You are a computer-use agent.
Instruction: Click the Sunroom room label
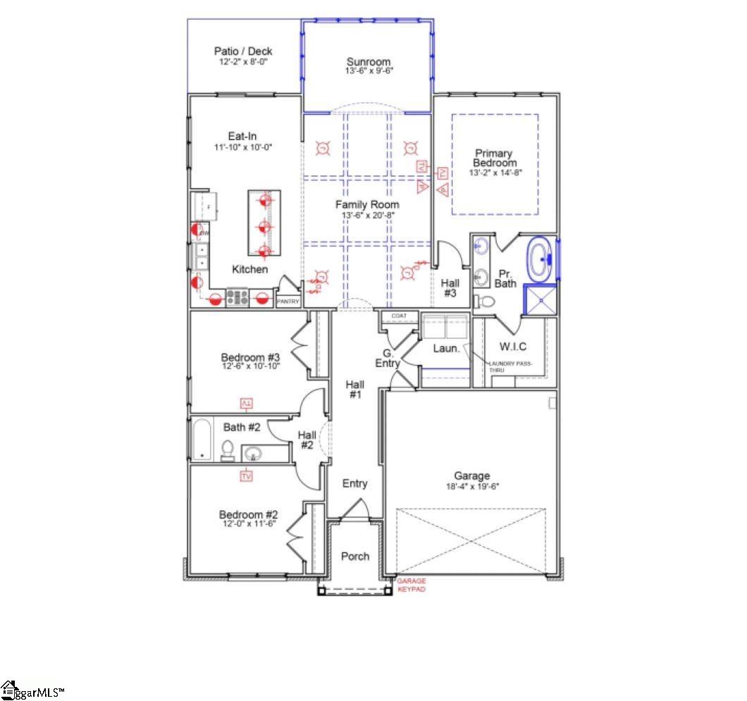(x=368, y=61)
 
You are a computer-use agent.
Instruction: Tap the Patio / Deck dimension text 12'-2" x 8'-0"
(x=243, y=62)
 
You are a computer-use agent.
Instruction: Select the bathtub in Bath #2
(x=203, y=440)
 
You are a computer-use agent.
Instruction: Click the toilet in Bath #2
(x=228, y=450)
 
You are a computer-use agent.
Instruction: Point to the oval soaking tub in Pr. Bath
(x=541, y=259)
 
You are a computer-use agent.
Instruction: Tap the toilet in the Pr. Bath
(x=486, y=302)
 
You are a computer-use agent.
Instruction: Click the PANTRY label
(x=288, y=302)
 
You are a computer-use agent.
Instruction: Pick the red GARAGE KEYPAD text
(x=412, y=585)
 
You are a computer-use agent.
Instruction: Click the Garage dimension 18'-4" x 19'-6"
(x=471, y=487)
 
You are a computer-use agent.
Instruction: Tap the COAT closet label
(x=400, y=316)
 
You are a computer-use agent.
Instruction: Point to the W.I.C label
(x=512, y=347)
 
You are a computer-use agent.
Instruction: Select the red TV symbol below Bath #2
(x=246, y=477)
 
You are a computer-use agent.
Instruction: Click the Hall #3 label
(x=450, y=287)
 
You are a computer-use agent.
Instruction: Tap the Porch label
(x=355, y=556)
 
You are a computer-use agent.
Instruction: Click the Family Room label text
(x=366, y=205)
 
